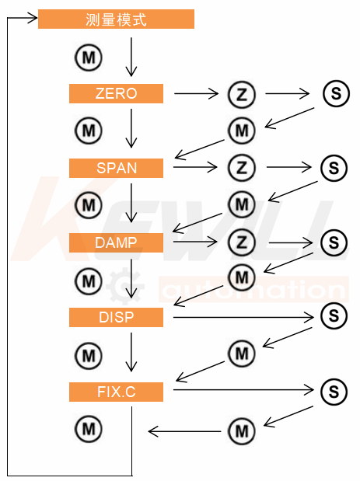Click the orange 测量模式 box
coord(116,19)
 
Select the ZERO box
coord(116,93)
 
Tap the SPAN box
coord(116,168)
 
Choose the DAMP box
coord(116,242)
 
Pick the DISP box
coord(116,317)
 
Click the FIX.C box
coord(116,392)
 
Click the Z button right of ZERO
coord(242,95)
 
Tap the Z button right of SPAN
coord(242,168)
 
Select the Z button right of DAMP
coord(242,242)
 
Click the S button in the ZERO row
coord(336,93)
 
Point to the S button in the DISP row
coord(334,315)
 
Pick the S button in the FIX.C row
coord(334,392)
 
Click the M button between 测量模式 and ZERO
coord(89,58)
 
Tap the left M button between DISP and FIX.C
coord(89,356)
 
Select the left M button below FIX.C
coord(89,428)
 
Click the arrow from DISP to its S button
coord(243,317)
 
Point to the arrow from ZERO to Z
coord(196,93)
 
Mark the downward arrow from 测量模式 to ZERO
coord(131,57)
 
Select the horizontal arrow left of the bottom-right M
coord(184,431)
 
